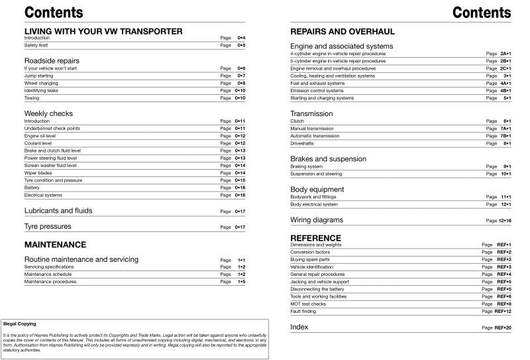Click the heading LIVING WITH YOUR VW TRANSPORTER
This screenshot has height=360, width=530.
coord(103,31)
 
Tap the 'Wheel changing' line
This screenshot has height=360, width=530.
coord(42,83)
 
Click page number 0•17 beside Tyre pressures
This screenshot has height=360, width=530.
coord(241,227)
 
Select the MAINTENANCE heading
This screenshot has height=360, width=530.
coord(55,245)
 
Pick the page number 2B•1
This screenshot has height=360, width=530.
coord(505,61)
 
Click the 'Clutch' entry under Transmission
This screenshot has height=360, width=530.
coord(297,121)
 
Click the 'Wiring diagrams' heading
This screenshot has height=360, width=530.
coord(317,219)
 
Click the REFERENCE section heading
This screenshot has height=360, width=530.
coord(315,237)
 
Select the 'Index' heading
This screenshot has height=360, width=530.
coord(299,327)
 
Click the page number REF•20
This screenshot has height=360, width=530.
coord(503,328)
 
